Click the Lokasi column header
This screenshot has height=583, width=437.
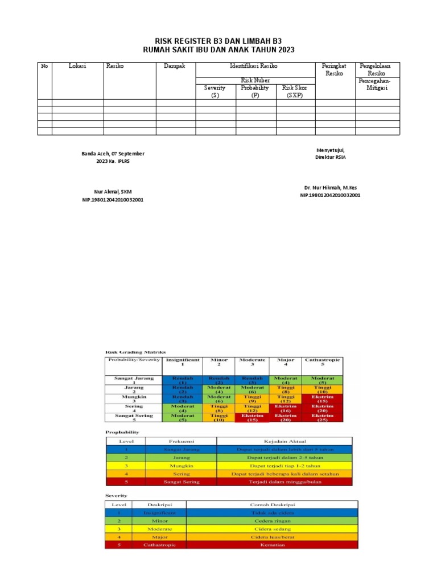pos(77,66)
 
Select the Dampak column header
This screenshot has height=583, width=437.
pos(175,66)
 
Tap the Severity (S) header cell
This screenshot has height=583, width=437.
pos(215,91)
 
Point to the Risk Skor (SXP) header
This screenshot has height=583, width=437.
pos(295,91)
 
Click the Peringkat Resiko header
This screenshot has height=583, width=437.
pos(335,69)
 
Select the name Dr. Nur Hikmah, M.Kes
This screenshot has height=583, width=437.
pos(330,187)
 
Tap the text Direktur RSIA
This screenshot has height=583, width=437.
pos(330,157)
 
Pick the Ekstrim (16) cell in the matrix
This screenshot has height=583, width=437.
pos(286,408)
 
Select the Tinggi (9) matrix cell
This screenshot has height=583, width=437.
pos(253,399)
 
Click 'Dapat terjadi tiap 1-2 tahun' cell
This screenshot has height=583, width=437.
pos(284,465)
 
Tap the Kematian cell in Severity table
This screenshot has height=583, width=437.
pos(272,545)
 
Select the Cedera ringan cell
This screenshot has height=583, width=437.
pos(272,520)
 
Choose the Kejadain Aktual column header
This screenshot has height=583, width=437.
pos(284,441)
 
